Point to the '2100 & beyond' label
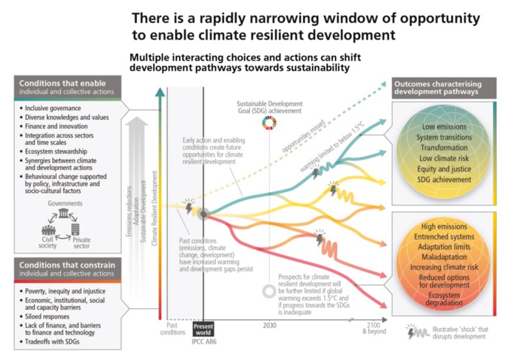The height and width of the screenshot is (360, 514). pyautogui.click(x=374, y=327)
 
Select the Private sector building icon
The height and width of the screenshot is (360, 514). pyautogui.click(x=75, y=229)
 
